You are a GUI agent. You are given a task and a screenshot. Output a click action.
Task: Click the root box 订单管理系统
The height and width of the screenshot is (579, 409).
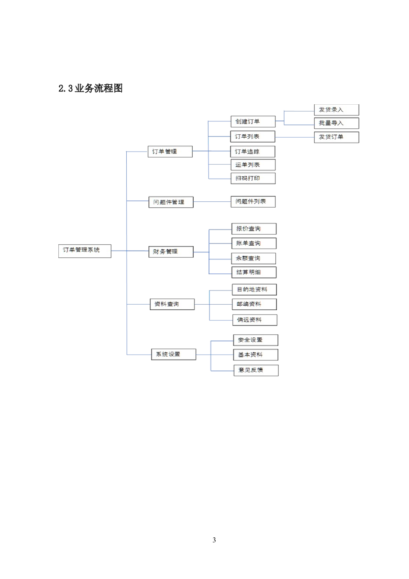tap(84, 251)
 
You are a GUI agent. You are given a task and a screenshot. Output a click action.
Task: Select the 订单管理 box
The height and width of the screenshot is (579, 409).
tap(170, 152)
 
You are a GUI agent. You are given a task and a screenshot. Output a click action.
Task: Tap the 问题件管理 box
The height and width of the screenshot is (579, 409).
tap(171, 202)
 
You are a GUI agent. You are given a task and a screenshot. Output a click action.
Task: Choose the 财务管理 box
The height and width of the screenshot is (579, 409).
tap(171, 252)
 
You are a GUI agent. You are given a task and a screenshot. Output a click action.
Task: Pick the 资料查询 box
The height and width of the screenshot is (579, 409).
tap(172, 304)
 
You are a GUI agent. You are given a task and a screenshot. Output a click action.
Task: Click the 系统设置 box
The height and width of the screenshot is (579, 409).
tap(173, 355)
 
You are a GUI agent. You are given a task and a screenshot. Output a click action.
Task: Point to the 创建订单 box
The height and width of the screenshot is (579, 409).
tap(253, 121)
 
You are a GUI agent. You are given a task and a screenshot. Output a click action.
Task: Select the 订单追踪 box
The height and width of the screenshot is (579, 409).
tap(253, 152)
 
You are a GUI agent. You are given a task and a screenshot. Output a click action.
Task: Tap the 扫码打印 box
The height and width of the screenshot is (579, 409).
tap(253, 178)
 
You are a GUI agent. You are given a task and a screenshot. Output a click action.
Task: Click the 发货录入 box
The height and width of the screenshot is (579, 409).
tap(336, 110)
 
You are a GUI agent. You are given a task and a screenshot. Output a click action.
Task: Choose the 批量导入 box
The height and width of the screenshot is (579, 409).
tap(336, 123)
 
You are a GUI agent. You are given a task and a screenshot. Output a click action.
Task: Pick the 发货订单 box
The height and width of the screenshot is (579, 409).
tap(336, 137)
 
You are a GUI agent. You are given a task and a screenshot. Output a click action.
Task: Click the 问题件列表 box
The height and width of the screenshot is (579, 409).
tap(253, 202)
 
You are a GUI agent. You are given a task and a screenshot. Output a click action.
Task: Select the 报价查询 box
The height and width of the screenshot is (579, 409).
tap(254, 229)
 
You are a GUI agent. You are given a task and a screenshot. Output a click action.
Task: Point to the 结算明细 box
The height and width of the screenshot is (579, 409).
tap(254, 272)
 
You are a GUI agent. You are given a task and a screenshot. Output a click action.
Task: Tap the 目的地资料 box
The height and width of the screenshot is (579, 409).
tap(254, 290)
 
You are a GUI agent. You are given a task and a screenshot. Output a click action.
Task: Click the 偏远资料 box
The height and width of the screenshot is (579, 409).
tap(255, 320)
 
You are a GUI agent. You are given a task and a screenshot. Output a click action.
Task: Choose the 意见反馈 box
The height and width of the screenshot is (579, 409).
tap(256, 370)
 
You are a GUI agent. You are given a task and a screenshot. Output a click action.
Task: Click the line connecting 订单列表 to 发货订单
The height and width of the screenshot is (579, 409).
tap(295, 137)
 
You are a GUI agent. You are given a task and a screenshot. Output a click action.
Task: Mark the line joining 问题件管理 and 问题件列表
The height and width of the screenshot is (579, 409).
tap(212, 202)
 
